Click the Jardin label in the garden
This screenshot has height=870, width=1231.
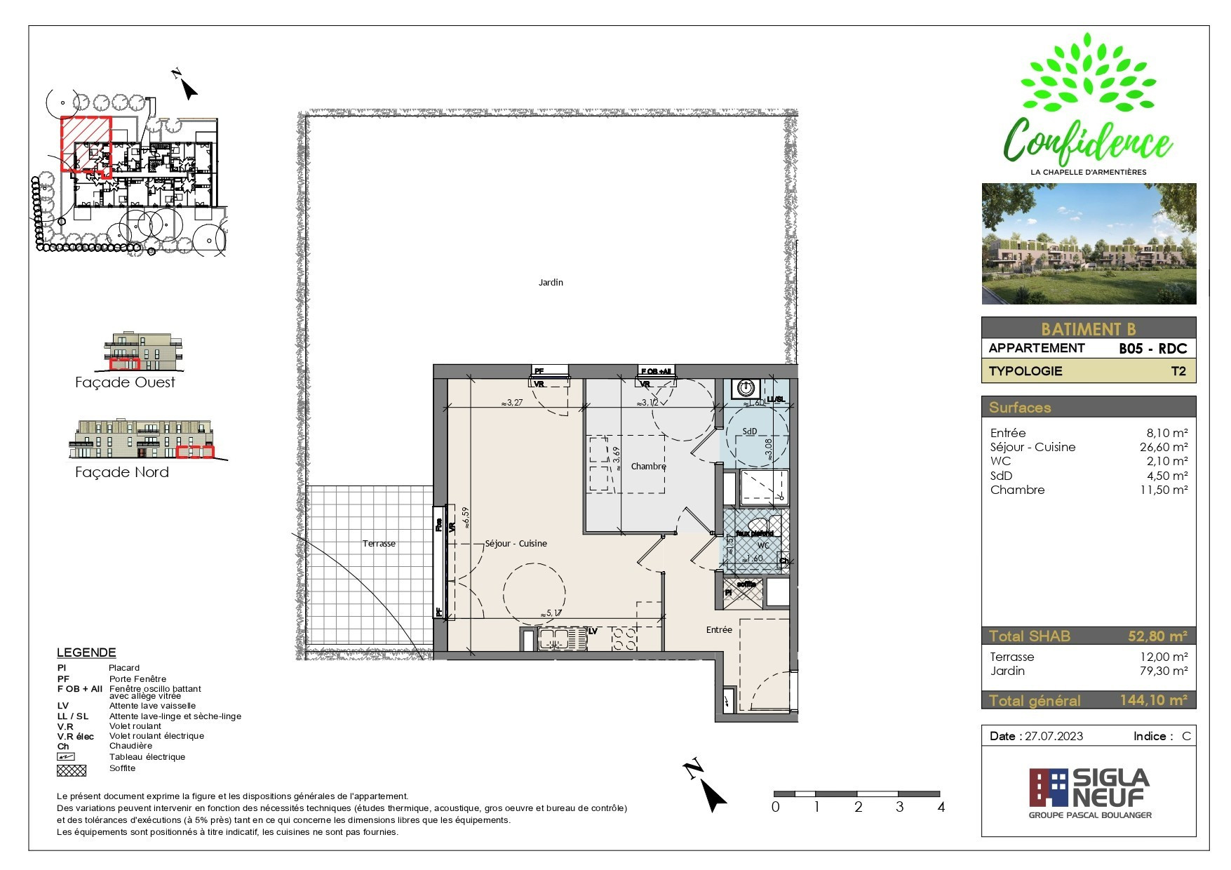pos(551,283)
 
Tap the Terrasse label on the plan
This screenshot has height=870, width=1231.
pos(379,544)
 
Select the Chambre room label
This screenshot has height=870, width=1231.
pos(648,467)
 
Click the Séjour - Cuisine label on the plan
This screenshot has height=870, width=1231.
pos(516,544)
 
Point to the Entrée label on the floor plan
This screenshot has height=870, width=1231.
pos(719,630)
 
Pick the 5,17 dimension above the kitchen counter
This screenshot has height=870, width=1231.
pos(551,613)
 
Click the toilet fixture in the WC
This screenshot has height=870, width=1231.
pos(759,526)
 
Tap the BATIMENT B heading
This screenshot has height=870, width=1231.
pos(1087,329)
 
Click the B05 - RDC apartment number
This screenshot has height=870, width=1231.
pos(1152,349)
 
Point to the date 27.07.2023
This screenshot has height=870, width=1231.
pos(1054,736)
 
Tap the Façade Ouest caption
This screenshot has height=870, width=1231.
pos(125,382)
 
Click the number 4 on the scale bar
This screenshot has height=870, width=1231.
pos(941,807)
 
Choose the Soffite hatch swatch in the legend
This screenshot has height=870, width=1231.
pos(72,770)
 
